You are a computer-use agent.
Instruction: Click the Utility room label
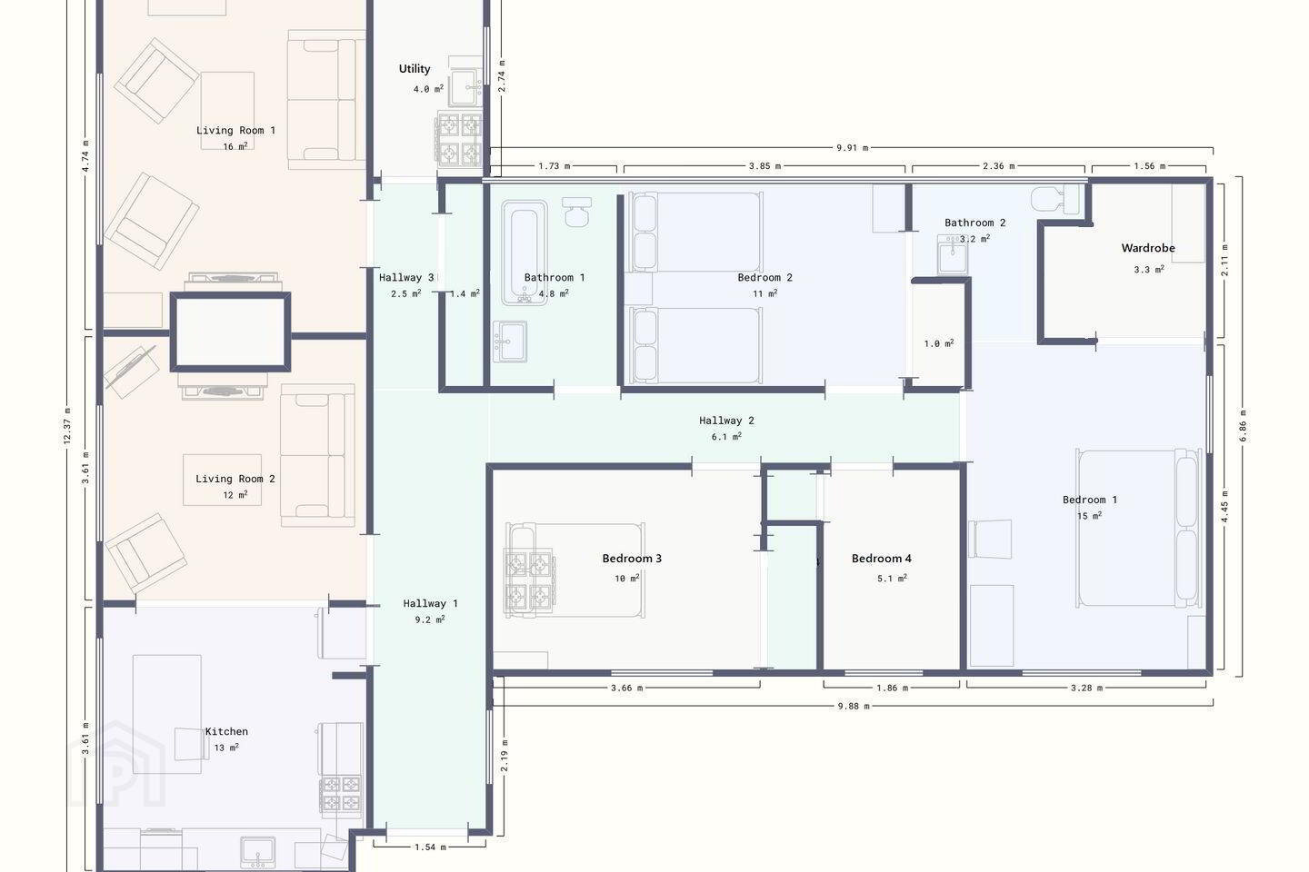[415, 69]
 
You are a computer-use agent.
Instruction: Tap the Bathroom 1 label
[554, 277]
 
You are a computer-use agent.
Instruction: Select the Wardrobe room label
[1148, 248]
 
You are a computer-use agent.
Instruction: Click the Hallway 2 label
[726, 421]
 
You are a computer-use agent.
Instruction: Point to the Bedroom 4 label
[881, 559]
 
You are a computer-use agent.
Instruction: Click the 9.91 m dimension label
[852, 148]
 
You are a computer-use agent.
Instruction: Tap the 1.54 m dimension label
[430, 847]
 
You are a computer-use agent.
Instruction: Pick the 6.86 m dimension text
[1243, 426]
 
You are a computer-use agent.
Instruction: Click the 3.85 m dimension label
[765, 166]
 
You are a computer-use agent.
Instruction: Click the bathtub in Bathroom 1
[525, 253]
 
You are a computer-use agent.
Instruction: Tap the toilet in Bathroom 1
[576, 212]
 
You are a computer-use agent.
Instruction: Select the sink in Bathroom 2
[953, 254]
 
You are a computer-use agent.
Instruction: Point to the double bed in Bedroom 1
[1138, 528]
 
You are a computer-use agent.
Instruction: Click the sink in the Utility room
[466, 87]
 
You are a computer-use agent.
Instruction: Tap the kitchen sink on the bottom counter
[258, 853]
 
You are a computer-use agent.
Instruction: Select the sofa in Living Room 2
[317, 456]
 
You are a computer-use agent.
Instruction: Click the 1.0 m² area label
[938, 343]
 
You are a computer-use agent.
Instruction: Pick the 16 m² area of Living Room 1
[235, 146]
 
